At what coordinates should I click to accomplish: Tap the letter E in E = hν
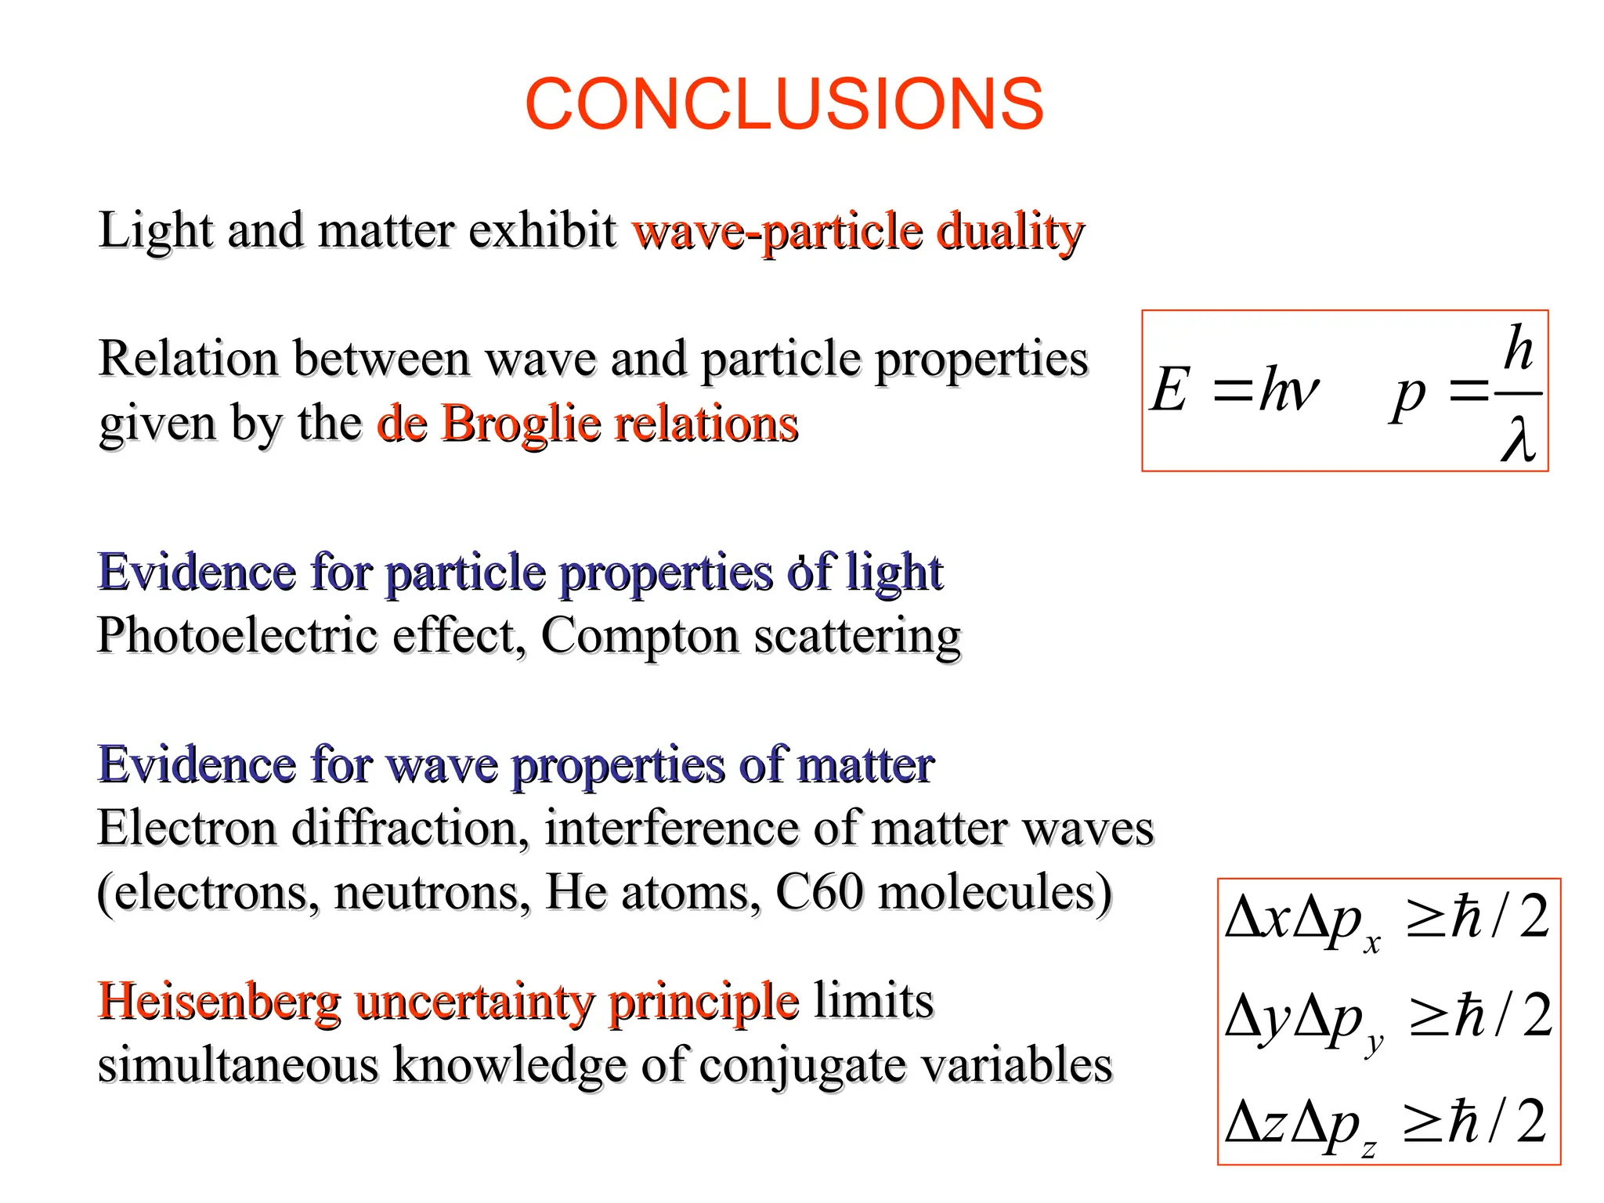tap(1170, 389)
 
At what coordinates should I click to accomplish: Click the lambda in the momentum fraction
tap(1519, 440)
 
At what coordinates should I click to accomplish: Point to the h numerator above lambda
tap(1518, 348)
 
